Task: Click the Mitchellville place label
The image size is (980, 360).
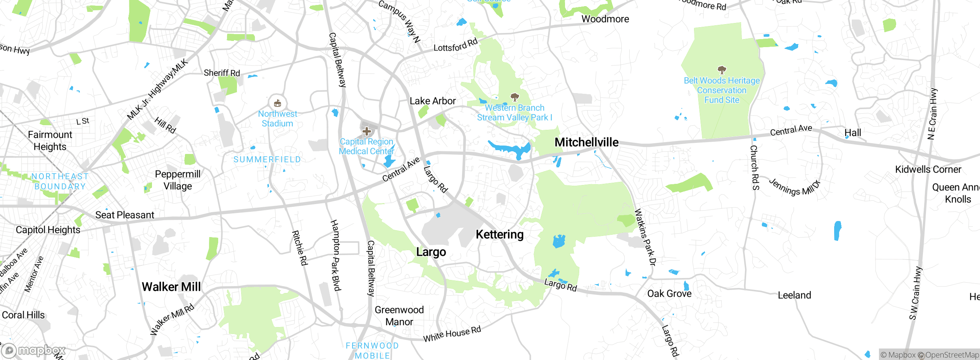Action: (586, 142)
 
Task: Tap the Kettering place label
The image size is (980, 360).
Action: (500, 234)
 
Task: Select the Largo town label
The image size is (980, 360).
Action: (431, 252)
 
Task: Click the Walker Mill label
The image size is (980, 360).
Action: (171, 287)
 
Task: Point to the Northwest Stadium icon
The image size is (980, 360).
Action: (278, 103)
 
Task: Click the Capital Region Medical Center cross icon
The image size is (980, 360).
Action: (367, 131)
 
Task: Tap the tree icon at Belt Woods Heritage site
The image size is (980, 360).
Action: (722, 70)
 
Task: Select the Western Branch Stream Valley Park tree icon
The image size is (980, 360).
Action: (515, 97)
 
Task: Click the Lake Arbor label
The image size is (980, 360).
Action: (433, 101)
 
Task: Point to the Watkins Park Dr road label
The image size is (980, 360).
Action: (645, 237)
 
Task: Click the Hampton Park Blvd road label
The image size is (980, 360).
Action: (336, 255)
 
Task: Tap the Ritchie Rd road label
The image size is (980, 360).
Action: (300, 248)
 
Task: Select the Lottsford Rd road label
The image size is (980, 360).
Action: (456, 45)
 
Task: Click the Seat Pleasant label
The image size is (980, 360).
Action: (124, 215)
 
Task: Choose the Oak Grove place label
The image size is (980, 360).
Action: (669, 294)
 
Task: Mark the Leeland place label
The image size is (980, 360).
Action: (794, 295)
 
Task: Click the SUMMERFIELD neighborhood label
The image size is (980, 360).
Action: (267, 160)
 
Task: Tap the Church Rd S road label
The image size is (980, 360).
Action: (755, 167)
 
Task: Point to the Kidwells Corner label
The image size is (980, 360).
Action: (928, 170)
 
